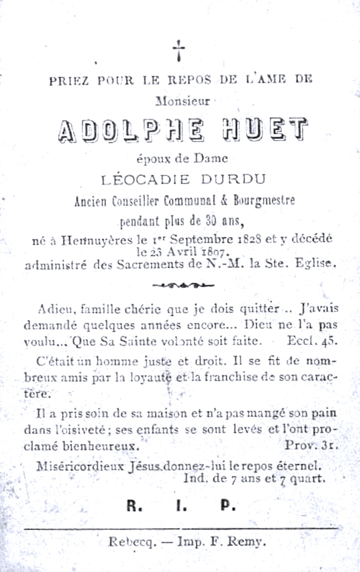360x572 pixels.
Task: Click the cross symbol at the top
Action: (179, 50)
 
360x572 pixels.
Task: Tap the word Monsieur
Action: (183, 101)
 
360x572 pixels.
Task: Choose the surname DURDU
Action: (233, 180)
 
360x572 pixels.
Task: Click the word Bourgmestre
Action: (264, 201)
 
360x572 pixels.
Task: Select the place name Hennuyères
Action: (97, 240)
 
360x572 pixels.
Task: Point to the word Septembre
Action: (201, 240)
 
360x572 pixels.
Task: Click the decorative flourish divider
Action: (183, 284)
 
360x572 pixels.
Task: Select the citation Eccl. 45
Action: (312, 341)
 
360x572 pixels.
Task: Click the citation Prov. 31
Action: (311, 445)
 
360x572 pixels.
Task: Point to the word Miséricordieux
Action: (80, 466)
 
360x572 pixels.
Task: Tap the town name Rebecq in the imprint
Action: (132, 542)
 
